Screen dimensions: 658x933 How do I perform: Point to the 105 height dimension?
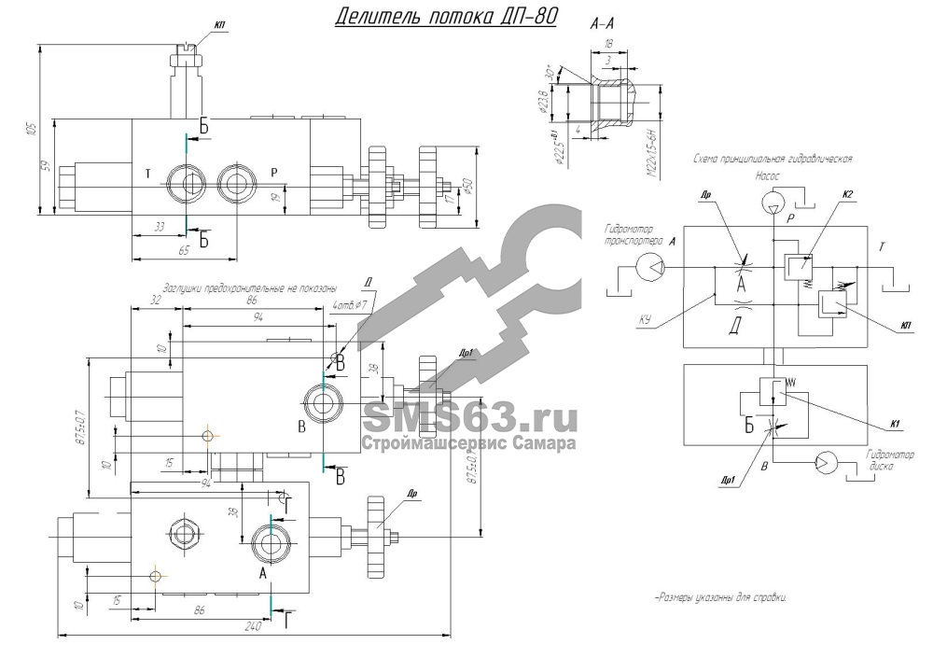[x=32, y=128]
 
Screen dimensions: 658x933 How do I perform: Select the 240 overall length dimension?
[x=252, y=627]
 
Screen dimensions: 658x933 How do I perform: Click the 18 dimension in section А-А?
[x=607, y=43]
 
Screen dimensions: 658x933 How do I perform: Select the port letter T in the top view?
[x=148, y=174]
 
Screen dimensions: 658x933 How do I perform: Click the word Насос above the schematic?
[x=768, y=174]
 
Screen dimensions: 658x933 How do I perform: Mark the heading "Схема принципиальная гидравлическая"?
[x=772, y=159]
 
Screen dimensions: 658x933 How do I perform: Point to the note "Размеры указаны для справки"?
[x=720, y=597]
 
